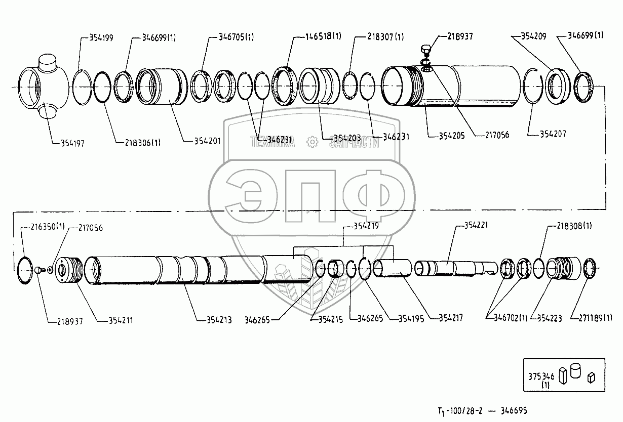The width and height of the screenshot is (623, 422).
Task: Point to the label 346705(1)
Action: point(236,37)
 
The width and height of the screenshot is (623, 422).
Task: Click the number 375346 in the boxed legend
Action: point(542,377)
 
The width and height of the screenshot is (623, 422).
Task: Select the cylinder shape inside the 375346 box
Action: point(575,371)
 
